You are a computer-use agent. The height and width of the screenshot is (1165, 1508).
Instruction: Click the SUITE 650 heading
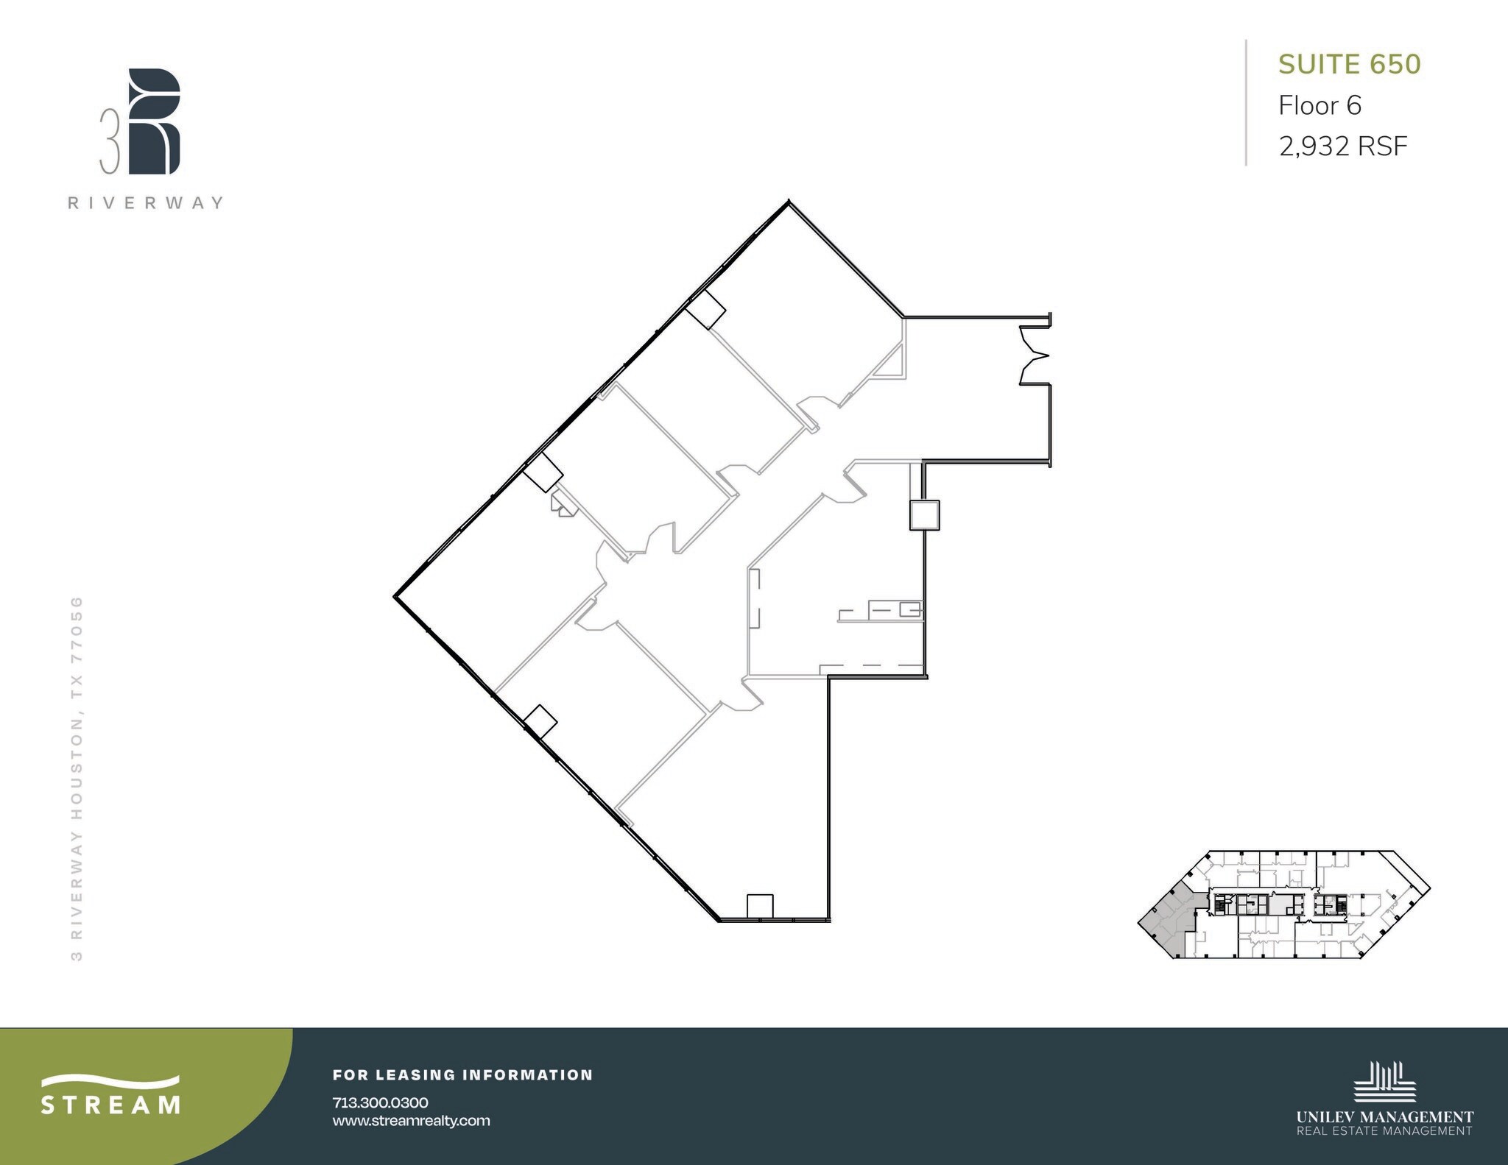coord(1349,65)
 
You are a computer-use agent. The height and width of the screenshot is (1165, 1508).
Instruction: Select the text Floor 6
coord(1319,106)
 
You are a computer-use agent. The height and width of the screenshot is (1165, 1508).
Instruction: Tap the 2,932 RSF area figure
coord(1343,146)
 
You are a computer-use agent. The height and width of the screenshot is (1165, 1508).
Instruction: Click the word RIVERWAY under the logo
coord(146,203)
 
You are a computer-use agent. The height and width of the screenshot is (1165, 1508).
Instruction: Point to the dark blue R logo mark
coord(154,121)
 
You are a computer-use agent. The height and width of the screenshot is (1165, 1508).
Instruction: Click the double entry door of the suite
coord(1034,356)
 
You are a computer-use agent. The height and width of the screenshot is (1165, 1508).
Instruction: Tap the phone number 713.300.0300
coord(380,1102)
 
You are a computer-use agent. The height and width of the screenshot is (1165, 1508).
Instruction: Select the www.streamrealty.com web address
coord(411,1121)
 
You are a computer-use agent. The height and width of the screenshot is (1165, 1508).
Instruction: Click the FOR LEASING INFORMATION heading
coord(462,1074)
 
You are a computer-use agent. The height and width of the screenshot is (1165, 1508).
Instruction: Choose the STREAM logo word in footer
coord(110,1105)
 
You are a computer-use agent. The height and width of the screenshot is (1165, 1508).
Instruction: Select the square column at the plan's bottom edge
coord(760,906)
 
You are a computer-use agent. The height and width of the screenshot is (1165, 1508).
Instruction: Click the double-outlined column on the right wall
coord(924,515)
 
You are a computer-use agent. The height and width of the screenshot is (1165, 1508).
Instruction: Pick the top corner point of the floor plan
coord(789,201)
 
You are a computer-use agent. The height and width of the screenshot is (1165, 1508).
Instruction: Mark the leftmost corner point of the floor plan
coord(395,596)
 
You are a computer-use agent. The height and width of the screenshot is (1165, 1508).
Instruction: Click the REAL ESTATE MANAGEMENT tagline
coord(1384,1131)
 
